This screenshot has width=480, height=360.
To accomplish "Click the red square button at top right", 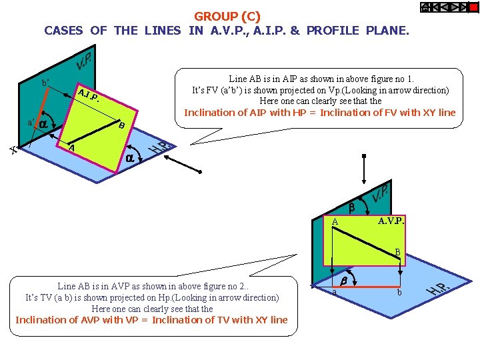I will coord(473,7).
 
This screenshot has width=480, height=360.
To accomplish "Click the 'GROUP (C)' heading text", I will coord(227,16).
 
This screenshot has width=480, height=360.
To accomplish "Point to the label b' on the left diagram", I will coord(45,83).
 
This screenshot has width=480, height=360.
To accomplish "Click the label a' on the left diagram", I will coord(30,123).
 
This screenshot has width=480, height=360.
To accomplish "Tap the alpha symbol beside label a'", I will coord(43,124).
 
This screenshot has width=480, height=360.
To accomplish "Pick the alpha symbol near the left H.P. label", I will coord(132,158).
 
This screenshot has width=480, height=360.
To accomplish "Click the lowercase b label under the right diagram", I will coord(399,293).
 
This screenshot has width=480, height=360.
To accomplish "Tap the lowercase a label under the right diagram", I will coord(335,293).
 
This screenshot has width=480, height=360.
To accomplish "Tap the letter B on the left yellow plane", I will coord(121,125).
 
